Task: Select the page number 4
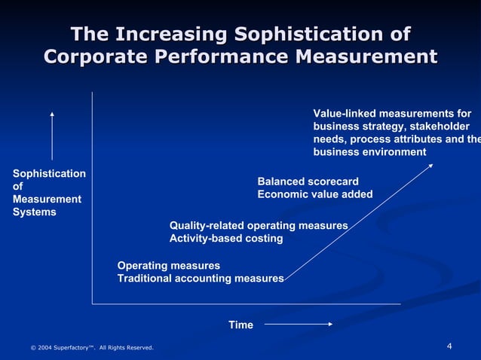point(449,346)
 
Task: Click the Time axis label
point(240,325)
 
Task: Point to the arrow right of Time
point(299,325)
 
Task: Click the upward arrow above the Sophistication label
point(52,136)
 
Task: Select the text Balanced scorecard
point(308,182)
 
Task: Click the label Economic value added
point(315,194)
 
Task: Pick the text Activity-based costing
point(226,239)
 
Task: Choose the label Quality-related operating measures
point(259,226)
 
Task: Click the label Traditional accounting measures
point(201,279)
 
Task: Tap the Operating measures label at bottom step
point(169,266)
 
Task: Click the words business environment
point(369,152)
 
